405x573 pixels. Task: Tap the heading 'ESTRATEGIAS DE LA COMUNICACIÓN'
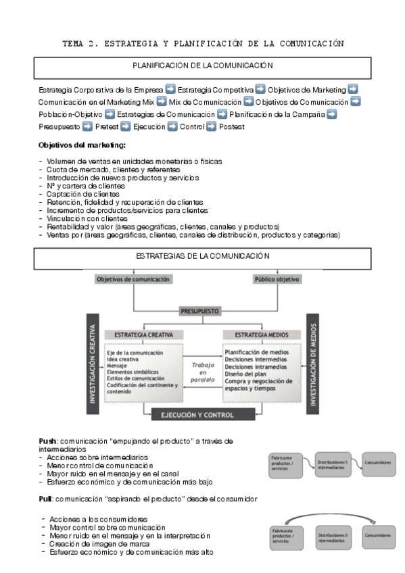202,256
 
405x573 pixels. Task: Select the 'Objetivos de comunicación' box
133,279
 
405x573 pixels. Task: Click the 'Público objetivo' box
277,279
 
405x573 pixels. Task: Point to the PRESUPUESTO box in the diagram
199,311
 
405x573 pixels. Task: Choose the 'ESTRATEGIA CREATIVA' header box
143,334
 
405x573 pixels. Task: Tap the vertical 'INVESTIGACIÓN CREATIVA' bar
93,362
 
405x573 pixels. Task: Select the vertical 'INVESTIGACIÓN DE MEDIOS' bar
312,362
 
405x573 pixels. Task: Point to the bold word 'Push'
47,441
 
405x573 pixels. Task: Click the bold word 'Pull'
46,499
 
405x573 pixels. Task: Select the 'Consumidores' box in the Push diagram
377,462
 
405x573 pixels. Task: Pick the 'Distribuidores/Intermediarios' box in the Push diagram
332,464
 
